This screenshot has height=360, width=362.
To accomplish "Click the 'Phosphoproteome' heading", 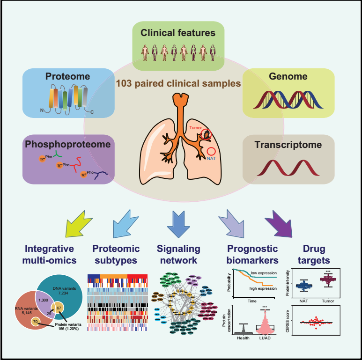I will coord(68,145).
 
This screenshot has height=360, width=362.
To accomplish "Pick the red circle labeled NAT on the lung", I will coord(211,151).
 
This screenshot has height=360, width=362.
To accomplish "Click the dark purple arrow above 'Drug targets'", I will coord(281,224).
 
